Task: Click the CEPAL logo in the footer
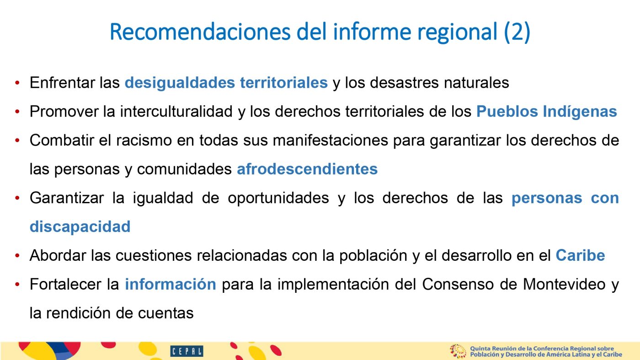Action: click(x=187, y=351)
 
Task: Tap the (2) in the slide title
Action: click(x=517, y=32)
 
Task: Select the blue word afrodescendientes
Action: click(x=307, y=169)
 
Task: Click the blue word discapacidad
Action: click(x=80, y=227)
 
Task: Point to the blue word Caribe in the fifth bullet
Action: click(x=580, y=255)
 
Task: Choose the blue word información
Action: click(x=171, y=284)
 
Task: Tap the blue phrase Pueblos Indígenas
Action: click(x=547, y=111)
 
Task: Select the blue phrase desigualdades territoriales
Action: click(x=226, y=83)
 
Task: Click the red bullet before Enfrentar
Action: click(x=17, y=83)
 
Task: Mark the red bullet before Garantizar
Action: click(x=17, y=198)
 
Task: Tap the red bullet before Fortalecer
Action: click(x=17, y=284)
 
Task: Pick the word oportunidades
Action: click(x=278, y=198)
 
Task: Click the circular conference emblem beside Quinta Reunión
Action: click(x=458, y=351)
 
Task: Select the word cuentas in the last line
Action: click(x=165, y=313)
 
